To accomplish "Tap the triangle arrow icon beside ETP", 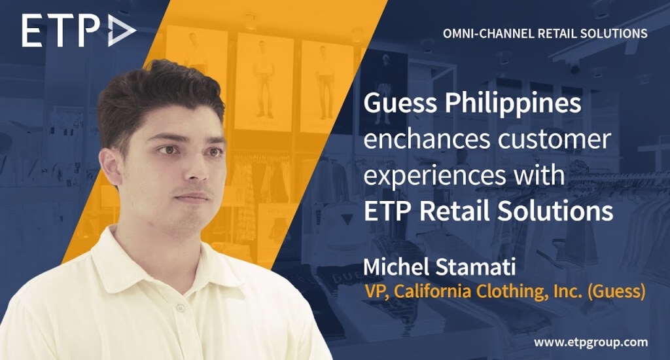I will [122, 31].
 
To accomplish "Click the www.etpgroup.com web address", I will [591, 342].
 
